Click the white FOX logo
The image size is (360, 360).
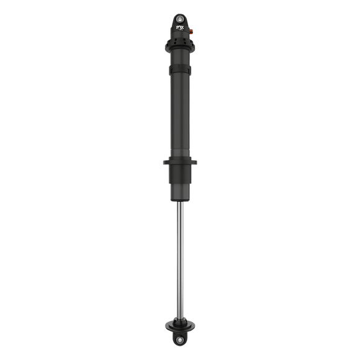[179, 27]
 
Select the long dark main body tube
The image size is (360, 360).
[179, 112]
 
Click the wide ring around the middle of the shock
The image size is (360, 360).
[179, 162]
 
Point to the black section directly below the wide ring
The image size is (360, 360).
[179, 173]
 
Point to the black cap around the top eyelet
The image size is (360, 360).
[179, 12]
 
